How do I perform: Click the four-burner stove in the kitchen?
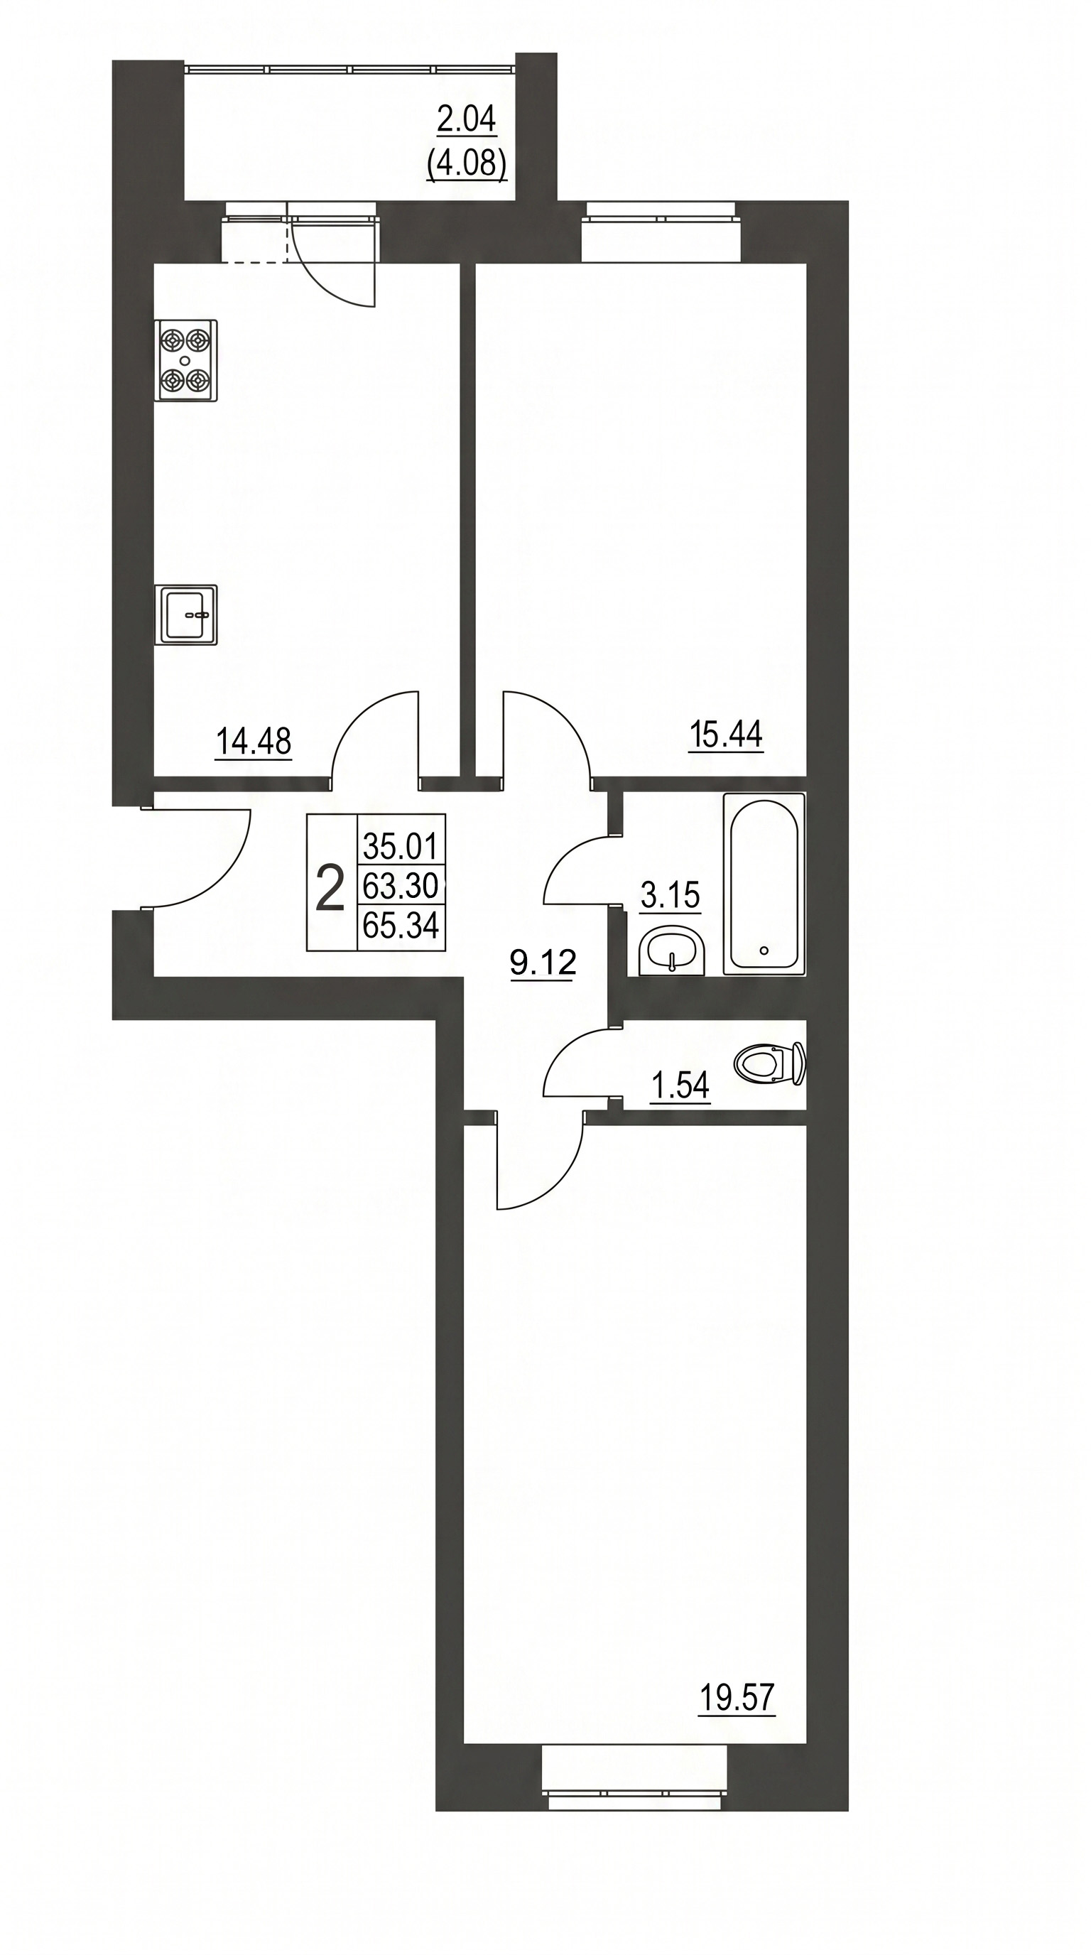[x=186, y=359]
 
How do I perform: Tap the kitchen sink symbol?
[x=186, y=614]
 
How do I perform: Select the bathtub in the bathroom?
[x=764, y=884]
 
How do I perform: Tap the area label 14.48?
[x=254, y=742]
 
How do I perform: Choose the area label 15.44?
[x=726, y=734]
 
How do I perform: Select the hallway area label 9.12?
[x=543, y=963]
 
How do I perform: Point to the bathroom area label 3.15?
[x=670, y=896]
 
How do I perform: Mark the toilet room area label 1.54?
[x=680, y=1087]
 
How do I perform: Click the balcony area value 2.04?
[x=467, y=119]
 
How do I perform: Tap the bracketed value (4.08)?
[x=467, y=163]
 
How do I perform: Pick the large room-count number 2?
[x=330, y=889]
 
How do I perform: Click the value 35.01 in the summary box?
[x=401, y=844]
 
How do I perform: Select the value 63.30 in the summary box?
[x=401, y=885]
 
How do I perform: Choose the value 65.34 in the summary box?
[x=401, y=926]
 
